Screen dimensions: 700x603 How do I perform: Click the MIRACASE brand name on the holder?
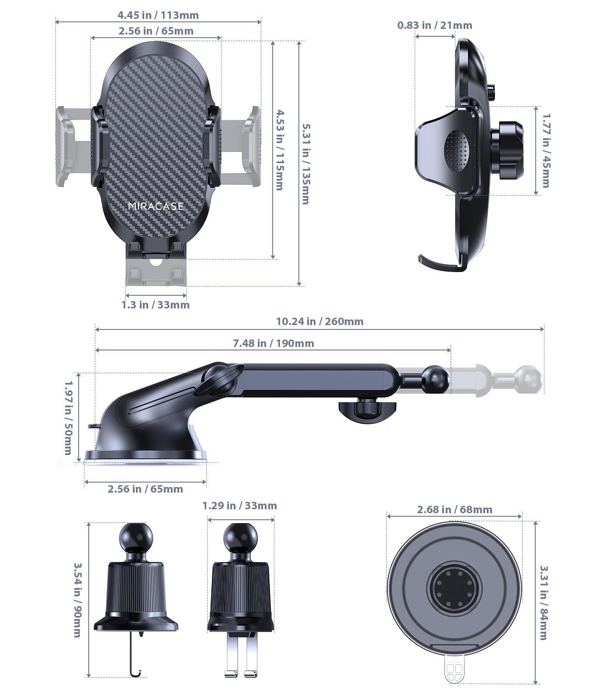156,206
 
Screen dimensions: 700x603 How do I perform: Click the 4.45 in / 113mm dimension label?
158,15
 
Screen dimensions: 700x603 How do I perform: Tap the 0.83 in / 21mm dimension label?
434,25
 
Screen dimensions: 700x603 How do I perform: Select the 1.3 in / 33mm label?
156,305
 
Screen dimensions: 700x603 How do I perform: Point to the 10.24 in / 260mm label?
319,322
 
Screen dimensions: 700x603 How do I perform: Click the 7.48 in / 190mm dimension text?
273,343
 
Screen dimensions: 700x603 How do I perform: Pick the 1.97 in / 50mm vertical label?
69,417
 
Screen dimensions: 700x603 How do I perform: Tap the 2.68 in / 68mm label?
454,510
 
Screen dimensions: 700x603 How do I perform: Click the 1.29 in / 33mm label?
239,506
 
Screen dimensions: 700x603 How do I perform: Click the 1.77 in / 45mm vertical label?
546,150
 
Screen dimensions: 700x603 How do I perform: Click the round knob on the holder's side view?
509,151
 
